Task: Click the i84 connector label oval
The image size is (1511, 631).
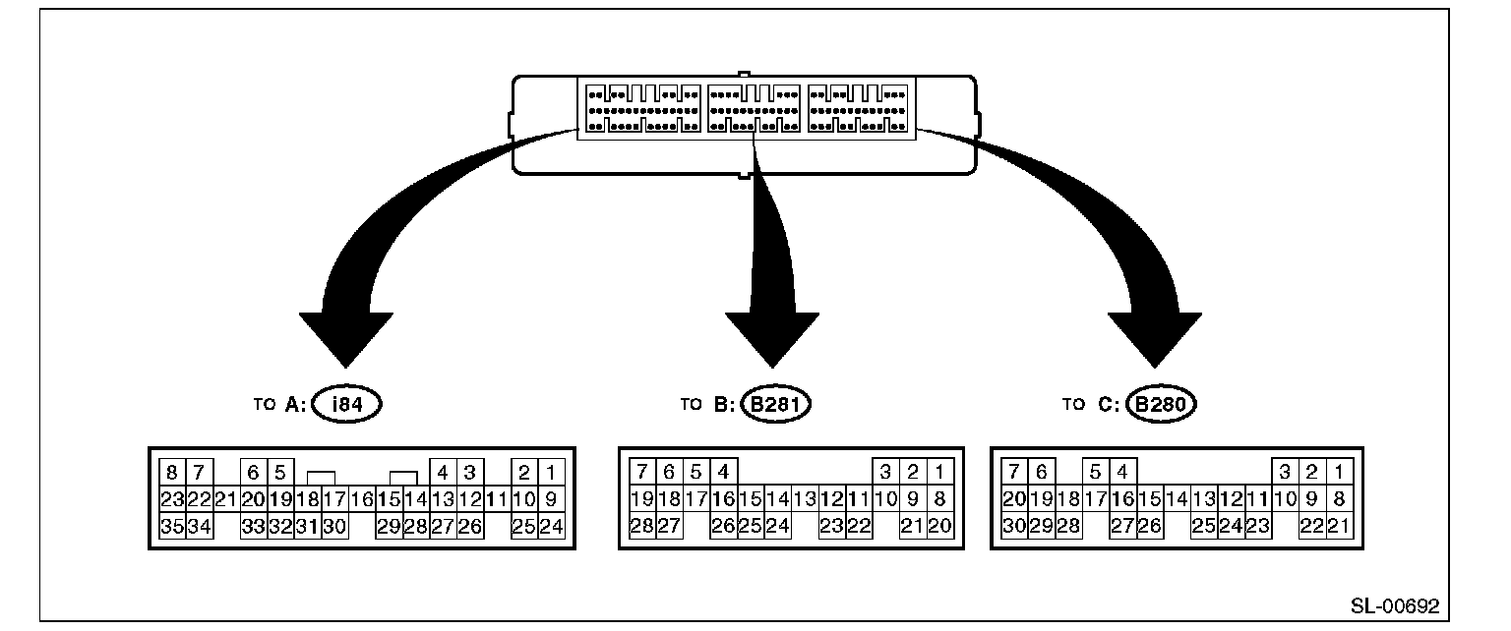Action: point(347,404)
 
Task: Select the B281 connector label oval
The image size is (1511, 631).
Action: point(776,404)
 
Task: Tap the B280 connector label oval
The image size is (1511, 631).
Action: point(1161,404)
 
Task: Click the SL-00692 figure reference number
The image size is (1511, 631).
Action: point(1395,606)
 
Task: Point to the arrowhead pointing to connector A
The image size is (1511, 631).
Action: point(346,340)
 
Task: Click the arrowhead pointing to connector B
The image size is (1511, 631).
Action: point(772,340)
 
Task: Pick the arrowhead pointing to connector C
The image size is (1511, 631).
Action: point(1155,340)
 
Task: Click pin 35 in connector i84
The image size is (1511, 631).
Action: point(173,526)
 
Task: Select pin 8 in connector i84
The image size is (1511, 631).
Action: point(173,472)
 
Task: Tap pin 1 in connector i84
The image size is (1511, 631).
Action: point(551,472)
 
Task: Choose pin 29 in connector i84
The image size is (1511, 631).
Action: point(390,526)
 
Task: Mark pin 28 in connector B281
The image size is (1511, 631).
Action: point(642,525)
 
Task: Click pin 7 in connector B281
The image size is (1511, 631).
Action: point(642,471)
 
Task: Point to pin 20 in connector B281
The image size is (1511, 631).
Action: point(939,525)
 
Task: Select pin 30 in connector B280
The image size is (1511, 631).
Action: point(1014,525)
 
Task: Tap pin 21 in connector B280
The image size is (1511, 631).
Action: point(1339,525)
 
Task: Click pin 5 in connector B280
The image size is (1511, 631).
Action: point(1096,471)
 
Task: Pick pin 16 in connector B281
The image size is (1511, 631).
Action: point(724,499)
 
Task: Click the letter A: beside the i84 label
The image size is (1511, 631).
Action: point(295,404)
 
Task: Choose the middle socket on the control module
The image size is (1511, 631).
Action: point(755,108)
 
